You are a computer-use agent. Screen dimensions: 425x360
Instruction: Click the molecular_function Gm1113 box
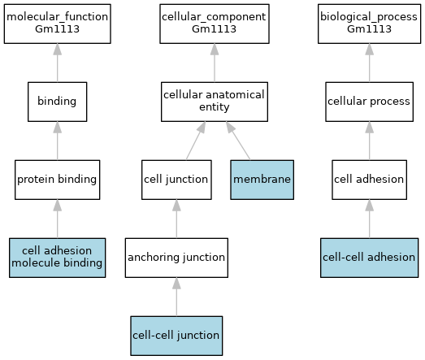coord(58,24)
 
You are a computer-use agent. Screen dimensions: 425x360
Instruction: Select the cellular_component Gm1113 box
coord(215,24)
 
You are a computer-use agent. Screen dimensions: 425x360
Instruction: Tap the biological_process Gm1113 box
coord(370,24)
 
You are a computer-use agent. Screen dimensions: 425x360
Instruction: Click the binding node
coord(58,102)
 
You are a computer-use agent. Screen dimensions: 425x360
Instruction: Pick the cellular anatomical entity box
coord(215,102)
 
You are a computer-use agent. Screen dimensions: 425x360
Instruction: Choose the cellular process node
coord(370,102)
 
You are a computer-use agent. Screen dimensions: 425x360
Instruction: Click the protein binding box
coord(58,180)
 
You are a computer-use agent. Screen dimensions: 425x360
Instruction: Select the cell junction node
coord(176,180)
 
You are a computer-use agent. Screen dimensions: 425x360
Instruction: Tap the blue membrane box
coord(262,180)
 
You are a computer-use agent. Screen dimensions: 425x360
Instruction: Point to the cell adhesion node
coord(370,180)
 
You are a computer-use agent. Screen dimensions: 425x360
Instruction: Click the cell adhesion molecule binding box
coord(58,258)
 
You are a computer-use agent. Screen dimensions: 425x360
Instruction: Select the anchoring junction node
coord(176,258)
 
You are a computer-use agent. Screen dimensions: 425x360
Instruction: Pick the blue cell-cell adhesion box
coord(370,258)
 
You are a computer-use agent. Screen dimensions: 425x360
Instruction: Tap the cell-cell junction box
coord(176,336)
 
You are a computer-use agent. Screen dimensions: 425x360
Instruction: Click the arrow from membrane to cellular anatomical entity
coord(238,141)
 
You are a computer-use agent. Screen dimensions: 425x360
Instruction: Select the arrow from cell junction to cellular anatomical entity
coord(196,141)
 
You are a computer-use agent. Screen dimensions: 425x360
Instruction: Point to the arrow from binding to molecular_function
coord(58,63)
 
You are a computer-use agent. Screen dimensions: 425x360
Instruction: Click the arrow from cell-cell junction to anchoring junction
coord(176,297)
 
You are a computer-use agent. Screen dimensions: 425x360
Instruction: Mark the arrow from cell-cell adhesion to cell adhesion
coord(370,219)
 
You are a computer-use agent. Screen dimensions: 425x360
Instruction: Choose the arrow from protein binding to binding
coord(58,141)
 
